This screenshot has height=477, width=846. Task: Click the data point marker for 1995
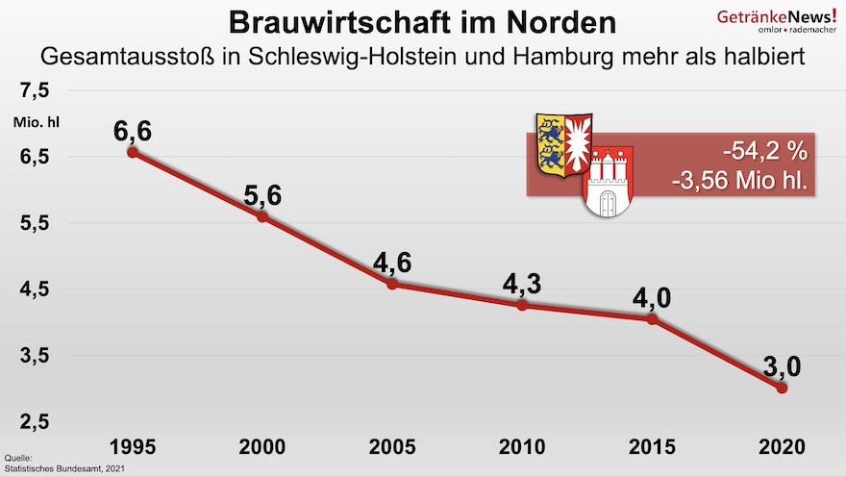click(x=133, y=152)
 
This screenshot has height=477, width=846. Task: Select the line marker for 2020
click(x=782, y=388)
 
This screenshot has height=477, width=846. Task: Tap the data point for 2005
click(x=392, y=284)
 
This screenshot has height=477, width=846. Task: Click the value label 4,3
click(x=522, y=285)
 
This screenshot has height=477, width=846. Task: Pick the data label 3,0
click(x=782, y=366)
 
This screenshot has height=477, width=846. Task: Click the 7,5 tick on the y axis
click(x=35, y=91)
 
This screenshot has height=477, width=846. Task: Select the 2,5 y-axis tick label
click(x=35, y=422)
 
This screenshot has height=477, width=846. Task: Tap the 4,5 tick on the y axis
click(x=35, y=289)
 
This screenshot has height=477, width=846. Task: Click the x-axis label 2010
click(x=522, y=447)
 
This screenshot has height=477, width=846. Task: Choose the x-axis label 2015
click(x=652, y=447)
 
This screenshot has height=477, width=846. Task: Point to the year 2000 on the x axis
click(x=261, y=447)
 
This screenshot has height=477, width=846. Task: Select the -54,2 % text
click(x=765, y=153)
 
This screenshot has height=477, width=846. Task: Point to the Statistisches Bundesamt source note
click(x=65, y=467)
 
